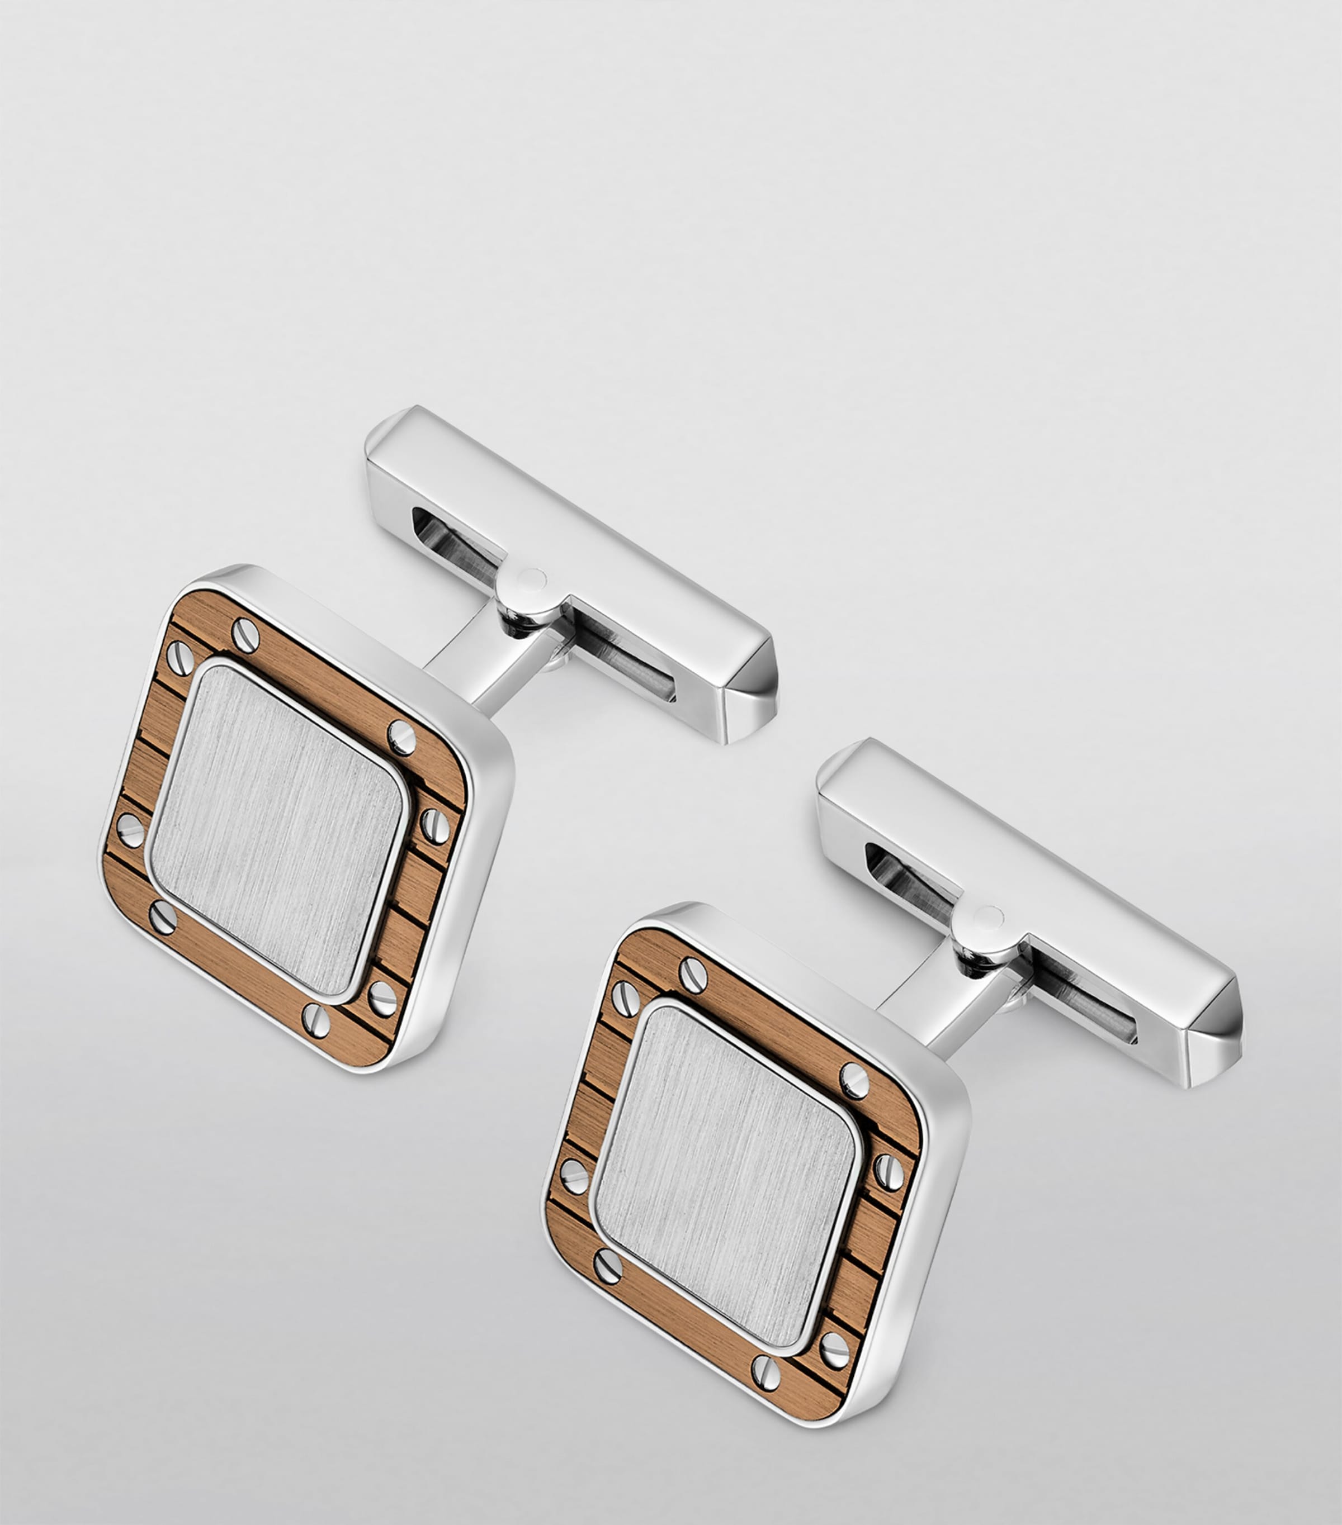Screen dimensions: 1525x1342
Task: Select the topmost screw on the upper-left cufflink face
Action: (245, 634)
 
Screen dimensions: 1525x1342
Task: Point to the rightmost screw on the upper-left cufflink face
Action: (435, 825)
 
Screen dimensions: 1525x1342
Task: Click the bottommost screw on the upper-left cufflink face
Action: (316, 1020)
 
